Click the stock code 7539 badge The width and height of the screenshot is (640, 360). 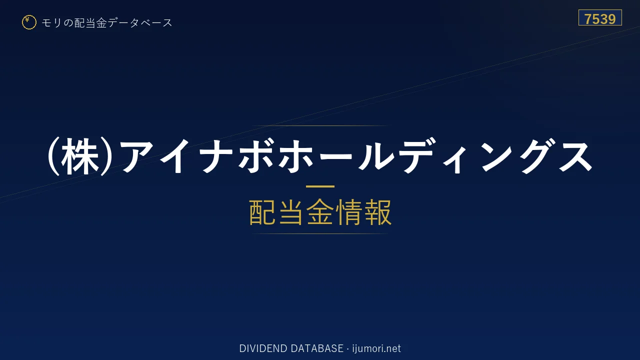click(x=600, y=17)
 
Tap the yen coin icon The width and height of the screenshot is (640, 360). click(x=29, y=22)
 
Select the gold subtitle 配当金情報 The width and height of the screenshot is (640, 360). click(x=320, y=212)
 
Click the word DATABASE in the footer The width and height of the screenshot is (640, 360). click(x=317, y=348)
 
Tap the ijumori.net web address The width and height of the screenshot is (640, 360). click(x=376, y=348)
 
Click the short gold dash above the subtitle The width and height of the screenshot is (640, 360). click(x=320, y=186)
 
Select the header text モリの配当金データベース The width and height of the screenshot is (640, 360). click(x=107, y=22)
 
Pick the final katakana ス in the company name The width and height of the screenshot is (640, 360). click(x=575, y=156)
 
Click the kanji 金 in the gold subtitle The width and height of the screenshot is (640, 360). click(x=320, y=212)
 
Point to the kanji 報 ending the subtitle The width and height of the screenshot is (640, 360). click(x=378, y=212)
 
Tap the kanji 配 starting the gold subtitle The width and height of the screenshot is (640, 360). click(x=262, y=212)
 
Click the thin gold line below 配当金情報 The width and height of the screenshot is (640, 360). click(x=320, y=233)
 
